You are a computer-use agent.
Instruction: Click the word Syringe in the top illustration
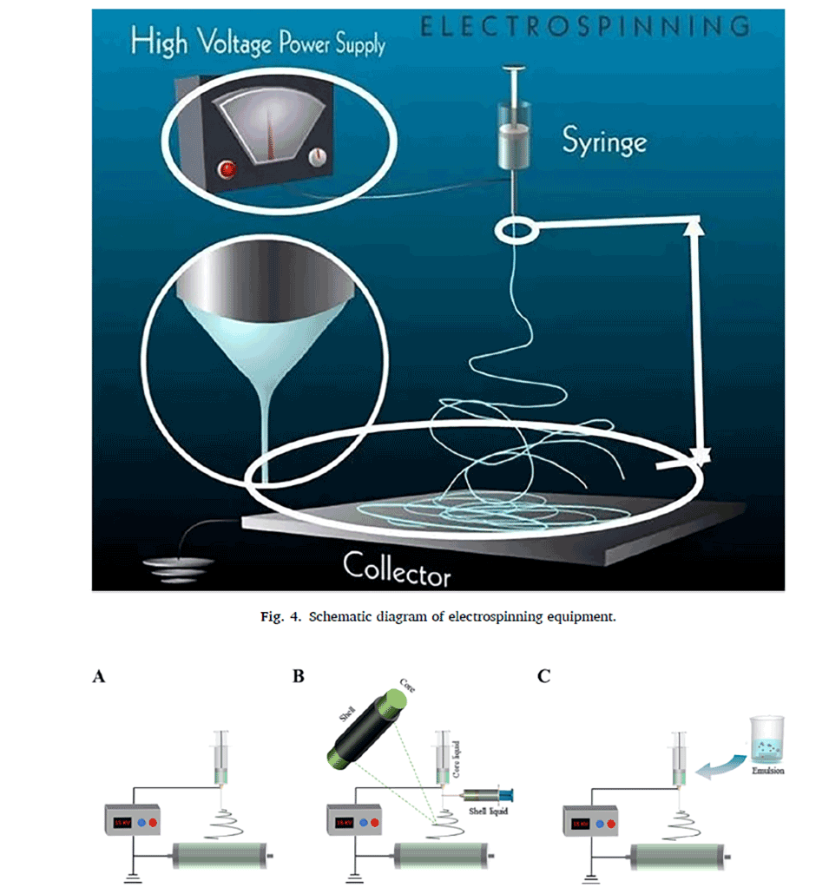604,141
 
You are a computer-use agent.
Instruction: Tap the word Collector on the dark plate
397,569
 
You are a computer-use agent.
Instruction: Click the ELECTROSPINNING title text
583,27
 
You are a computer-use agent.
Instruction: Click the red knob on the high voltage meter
229,168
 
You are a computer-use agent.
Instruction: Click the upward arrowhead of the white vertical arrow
694,227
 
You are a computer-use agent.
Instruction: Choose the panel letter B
299,677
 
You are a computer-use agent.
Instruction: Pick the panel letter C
544,677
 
